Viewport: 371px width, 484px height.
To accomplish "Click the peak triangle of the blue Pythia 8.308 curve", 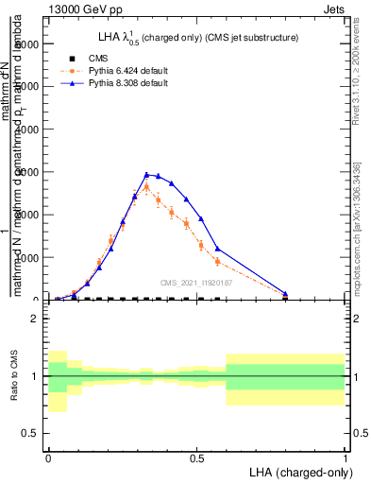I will click(146, 174).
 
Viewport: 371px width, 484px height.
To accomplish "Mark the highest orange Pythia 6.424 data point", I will click(146, 187).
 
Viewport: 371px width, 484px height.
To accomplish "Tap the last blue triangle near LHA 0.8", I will click(285, 294).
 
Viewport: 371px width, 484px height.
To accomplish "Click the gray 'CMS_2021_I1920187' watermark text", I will click(196, 282).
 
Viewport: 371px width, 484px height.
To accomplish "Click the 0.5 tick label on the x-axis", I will click(196, 458).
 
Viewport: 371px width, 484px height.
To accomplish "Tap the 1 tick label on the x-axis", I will click(346, 458).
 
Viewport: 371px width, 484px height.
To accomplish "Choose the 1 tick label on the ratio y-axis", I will click(35, 376).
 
